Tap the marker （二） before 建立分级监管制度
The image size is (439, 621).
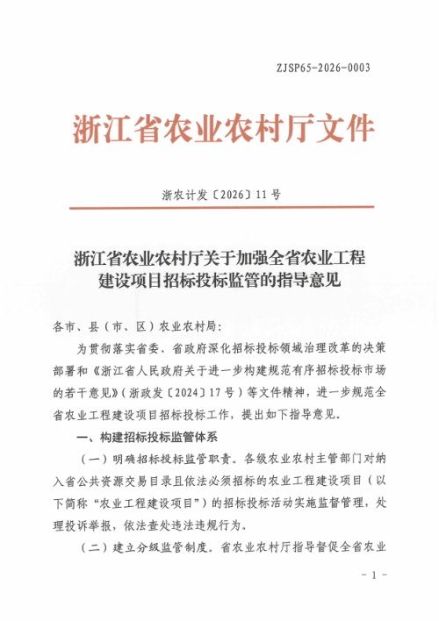click(92, 547)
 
